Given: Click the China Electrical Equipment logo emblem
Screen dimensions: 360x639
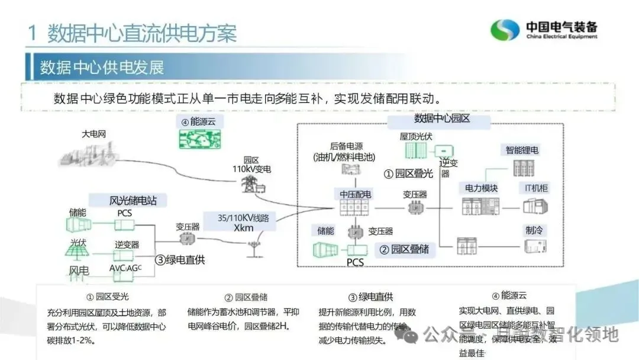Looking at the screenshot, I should (x=505, y=30).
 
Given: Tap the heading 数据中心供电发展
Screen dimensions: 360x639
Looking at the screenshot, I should (x=102, y=67).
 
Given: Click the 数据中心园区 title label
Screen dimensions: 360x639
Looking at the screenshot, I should (x=442, y=118).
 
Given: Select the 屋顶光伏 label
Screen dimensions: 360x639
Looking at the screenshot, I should (x=416, y=136).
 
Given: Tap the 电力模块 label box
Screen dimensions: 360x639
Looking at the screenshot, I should (x=478, y=188).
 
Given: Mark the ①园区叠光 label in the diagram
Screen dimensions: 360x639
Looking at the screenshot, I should (x=409, y=173).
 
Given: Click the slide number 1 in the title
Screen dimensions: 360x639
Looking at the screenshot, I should (x=33, y=33).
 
